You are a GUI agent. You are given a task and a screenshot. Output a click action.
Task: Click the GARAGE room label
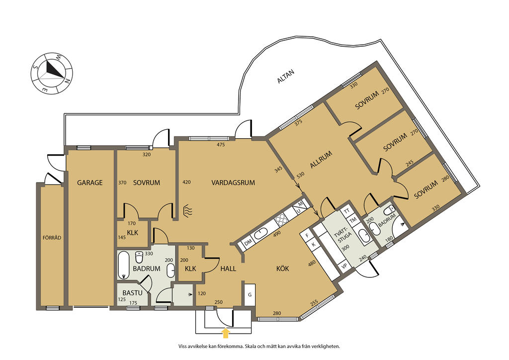89,183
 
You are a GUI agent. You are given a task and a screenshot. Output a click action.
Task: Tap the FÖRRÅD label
52,238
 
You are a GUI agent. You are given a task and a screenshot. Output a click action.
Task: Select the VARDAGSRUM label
233,183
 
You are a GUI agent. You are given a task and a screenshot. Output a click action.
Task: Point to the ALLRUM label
321,160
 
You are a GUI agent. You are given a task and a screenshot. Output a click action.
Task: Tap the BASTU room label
132,293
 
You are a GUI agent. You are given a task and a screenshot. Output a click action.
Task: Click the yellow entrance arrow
226,333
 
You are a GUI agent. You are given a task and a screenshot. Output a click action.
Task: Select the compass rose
52,73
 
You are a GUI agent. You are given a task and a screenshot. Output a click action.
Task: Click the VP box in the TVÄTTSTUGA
345,266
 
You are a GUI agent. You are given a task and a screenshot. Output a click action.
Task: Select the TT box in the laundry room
346,211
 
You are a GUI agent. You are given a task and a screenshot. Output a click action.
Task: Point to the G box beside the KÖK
250,295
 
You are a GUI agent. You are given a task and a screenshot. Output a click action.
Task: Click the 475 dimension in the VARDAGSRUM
221,145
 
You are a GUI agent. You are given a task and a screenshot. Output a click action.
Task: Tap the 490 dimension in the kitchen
277,233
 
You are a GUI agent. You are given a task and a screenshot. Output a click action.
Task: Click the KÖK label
282,269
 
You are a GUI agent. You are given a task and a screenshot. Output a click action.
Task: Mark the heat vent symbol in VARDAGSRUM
188,211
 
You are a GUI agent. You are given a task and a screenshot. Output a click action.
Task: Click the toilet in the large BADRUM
139,257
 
